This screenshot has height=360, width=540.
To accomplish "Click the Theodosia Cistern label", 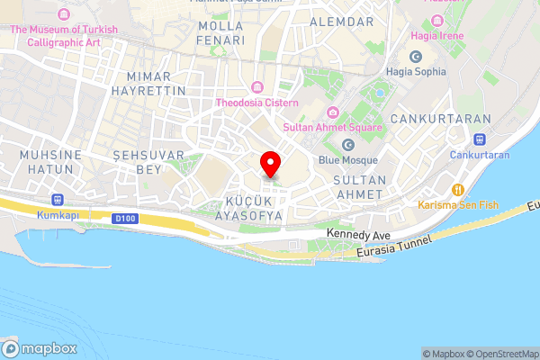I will pyautogui.click(x=256, y=103).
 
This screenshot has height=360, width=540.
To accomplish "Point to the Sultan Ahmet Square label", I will pyautogui.click(x=333, y=127).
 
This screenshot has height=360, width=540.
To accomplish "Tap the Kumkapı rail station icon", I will pyautogui.click(x=58, y=199).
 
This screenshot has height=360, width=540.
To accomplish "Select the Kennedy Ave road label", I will pyautogui.click(x=350, y=233).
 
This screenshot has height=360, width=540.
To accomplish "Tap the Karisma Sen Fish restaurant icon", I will pyautogui.click(x=458, y=190).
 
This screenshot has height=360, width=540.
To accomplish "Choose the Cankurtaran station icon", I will pyautogui.click(x=480, y=139).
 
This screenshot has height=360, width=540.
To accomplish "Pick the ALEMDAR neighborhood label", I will pyautogui.click(x=340, y=21).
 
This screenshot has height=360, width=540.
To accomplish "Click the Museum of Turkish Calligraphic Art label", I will pyautogui.click(x=64, y=35).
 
